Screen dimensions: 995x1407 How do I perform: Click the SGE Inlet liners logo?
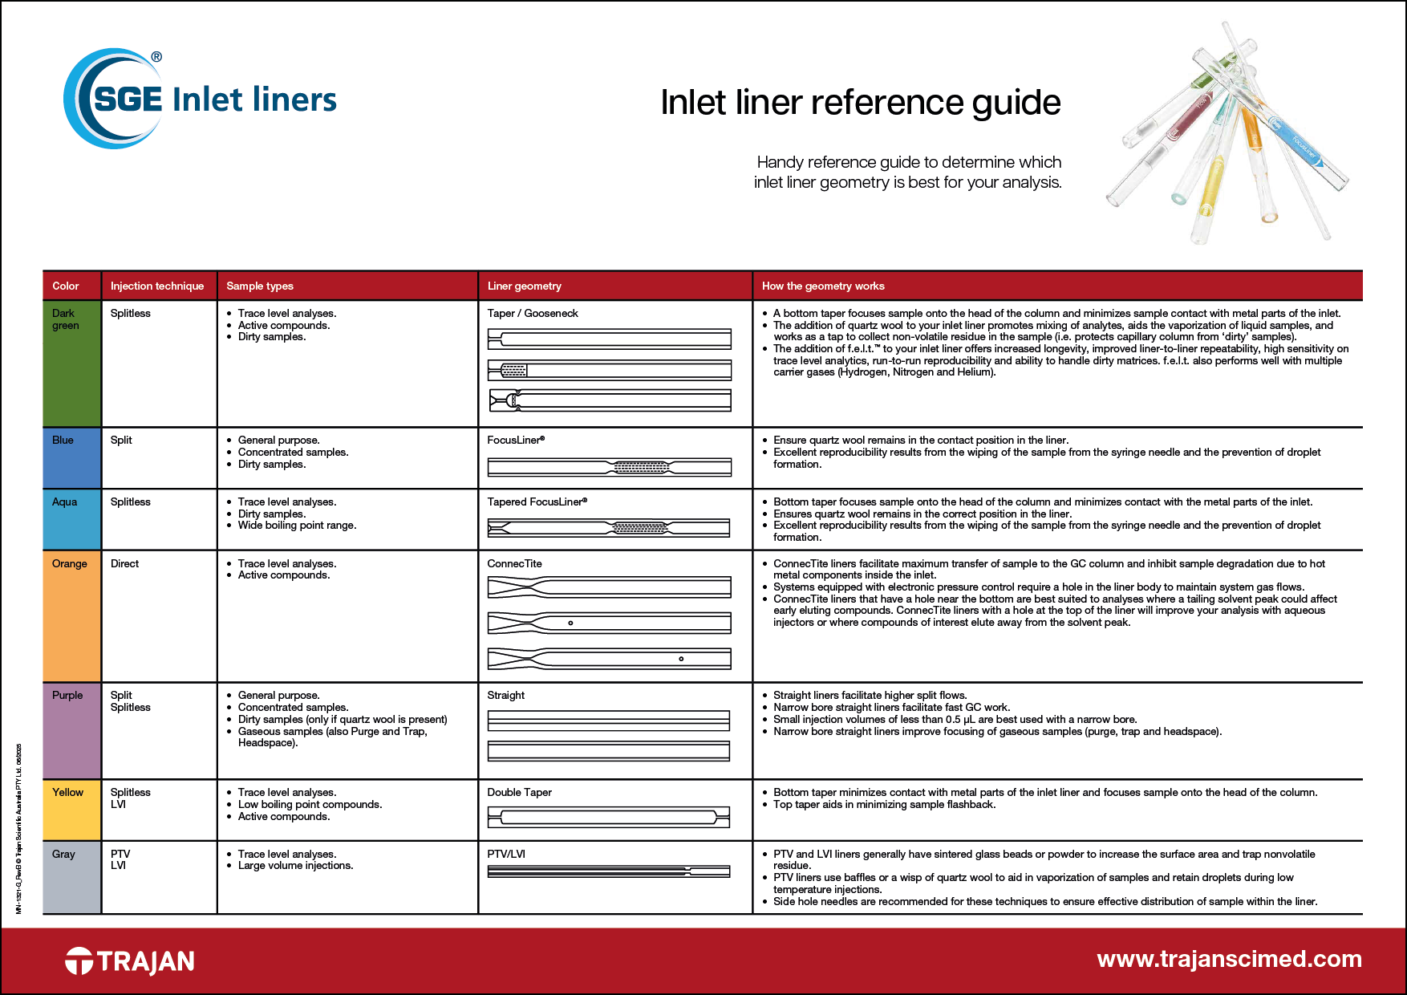pos(200,99)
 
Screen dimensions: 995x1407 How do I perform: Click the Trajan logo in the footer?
pos(130,960)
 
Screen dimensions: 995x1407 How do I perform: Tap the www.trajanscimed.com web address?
pos(1229,959)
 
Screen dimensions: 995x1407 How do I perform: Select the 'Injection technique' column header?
pos(157,286)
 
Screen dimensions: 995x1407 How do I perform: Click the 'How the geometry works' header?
pos(823,286)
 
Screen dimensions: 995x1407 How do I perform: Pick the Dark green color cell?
pos(71,363)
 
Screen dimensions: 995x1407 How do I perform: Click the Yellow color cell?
pos(71,810)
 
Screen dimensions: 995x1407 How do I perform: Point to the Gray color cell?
pos(71,877)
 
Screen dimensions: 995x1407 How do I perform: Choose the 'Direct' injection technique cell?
pos(125,563)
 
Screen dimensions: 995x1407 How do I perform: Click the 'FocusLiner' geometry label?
pos(516,440)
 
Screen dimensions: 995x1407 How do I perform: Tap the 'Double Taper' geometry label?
pos(520,792)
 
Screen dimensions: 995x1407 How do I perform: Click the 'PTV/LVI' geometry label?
pos(506,854)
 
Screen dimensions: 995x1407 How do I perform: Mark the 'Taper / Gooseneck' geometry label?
pos(533,313)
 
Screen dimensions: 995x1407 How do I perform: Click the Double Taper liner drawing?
pos(609,818)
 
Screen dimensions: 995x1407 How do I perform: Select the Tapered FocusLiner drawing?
pos(609,527)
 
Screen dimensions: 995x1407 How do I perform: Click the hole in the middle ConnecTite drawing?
pos(570,623)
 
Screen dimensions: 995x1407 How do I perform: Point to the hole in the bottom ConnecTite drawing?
pos(681,659)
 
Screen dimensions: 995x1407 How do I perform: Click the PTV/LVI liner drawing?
pos(609,871)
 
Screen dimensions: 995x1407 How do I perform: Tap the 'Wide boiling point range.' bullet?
pos(297,525)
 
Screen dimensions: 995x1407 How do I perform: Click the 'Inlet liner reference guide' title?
pos(860,102)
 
